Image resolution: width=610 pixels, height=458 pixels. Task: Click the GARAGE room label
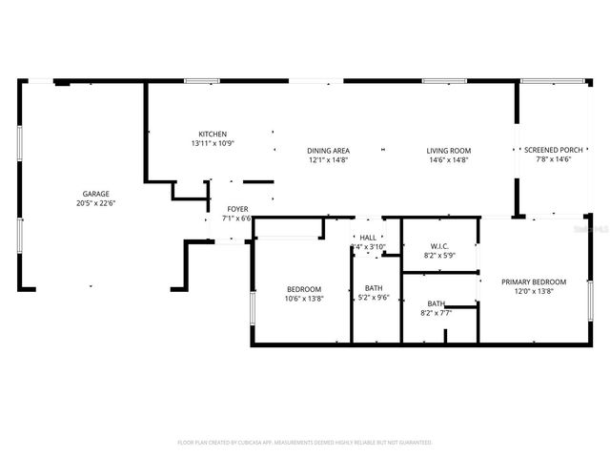[95, 193]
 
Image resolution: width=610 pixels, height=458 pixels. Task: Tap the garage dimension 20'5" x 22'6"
[95, 202]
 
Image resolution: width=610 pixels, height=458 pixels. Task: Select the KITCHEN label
[212, 134]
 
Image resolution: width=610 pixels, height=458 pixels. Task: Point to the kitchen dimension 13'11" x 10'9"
[212, 143]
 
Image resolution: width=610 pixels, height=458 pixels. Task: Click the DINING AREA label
[328, 151]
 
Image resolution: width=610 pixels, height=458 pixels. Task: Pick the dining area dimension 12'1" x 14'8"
[328, 160]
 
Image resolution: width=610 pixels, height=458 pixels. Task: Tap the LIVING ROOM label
[448, 151]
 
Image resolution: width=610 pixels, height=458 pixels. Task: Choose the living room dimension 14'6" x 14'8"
[448, 160]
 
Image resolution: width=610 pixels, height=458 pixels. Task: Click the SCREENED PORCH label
[553, 150]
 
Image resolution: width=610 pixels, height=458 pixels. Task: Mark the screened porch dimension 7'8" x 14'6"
[553, 159]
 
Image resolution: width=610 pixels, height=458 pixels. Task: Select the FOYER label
[237, 209]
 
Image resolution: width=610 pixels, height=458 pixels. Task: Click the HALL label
[368, 238]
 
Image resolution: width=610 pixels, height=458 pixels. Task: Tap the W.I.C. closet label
[439, 246]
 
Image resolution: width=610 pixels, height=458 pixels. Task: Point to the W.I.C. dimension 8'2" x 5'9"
[439, 256]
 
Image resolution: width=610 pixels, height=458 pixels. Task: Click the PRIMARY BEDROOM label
[535, 281]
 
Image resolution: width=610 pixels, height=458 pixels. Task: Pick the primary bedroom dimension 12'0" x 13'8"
[535, 291]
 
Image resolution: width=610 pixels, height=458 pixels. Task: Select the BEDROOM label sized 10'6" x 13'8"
[304, 289]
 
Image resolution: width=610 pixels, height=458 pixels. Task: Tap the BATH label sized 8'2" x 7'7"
[436, 303]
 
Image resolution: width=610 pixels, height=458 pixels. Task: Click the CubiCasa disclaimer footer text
[305, 443]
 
